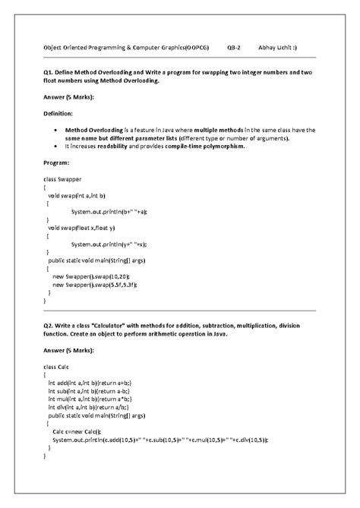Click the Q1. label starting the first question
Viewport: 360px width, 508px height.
tap(49, 71)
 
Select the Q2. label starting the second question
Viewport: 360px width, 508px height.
tap(49, 324)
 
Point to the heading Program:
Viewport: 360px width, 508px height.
tap(58, 162)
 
